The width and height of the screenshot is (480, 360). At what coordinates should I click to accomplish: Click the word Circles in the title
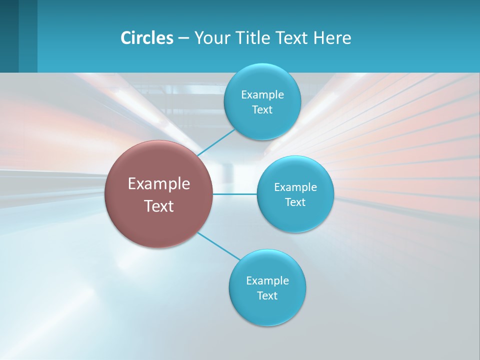tap(146, 38)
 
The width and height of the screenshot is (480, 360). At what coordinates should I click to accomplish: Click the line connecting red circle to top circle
tap(216, 142)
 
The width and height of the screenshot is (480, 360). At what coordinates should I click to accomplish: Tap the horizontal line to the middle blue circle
tap(235, 194)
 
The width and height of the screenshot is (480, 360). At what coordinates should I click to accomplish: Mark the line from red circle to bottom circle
tap(219, 246)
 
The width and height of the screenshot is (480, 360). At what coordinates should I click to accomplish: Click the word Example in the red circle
tap(159, 184)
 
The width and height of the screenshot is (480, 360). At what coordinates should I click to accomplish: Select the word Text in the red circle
tap(159, 206)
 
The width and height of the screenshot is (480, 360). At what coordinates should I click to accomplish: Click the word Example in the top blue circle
tap(262, 95)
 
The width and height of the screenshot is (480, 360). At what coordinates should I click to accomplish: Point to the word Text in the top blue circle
tap(262, 110)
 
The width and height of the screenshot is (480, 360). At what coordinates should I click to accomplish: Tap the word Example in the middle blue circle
tap(295, 187)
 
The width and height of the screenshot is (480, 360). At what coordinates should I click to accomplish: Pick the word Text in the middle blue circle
tap(295, 202)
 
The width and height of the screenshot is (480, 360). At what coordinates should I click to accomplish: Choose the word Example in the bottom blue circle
tap(267, 281)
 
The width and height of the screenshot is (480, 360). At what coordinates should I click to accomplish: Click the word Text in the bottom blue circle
tap(267, 296)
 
